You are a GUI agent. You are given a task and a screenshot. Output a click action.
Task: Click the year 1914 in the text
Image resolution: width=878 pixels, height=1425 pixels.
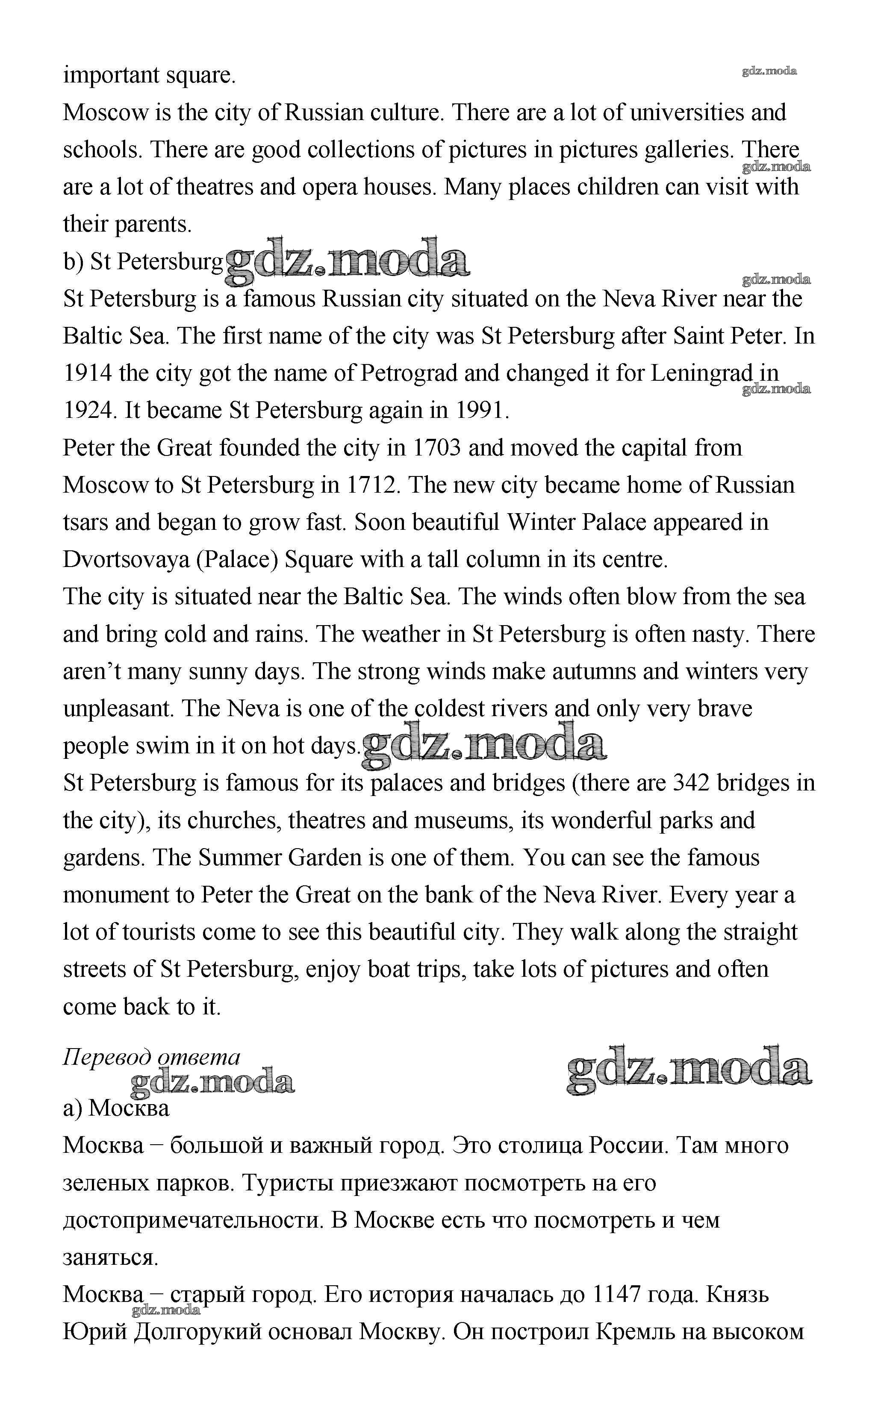(87, 373)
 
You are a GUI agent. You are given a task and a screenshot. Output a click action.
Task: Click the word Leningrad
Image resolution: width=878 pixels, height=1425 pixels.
(701, 373)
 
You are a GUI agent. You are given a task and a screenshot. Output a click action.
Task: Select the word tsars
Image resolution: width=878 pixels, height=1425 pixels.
(85, 523)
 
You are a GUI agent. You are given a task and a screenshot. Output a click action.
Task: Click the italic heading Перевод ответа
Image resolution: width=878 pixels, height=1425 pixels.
(151, 1058)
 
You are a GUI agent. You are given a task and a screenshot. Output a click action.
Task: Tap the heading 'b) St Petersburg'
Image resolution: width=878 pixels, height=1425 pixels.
(143, 262)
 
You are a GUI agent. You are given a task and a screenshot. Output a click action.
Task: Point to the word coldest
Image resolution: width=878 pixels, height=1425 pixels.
(449, 709)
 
